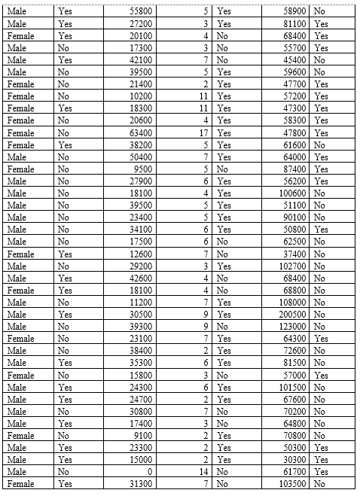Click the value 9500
pyautogui.click(x=143, y=169)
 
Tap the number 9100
pyautogui.click(x=143, y=435)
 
